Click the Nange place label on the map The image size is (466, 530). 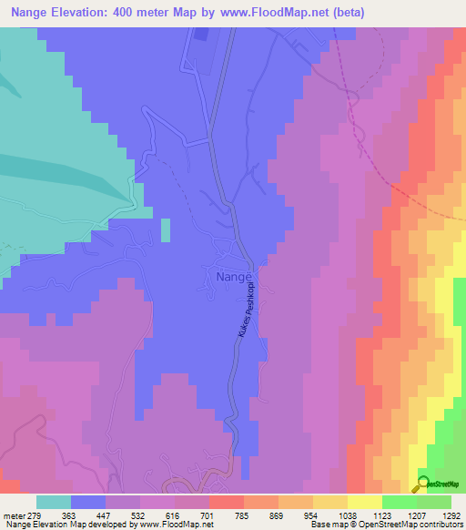click(x=230, y=275)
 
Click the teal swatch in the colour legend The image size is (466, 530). click(x=54, y=501)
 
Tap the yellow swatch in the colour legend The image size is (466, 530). click(x=363, y=501)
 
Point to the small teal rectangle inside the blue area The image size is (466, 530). click(x=165, y=229)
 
